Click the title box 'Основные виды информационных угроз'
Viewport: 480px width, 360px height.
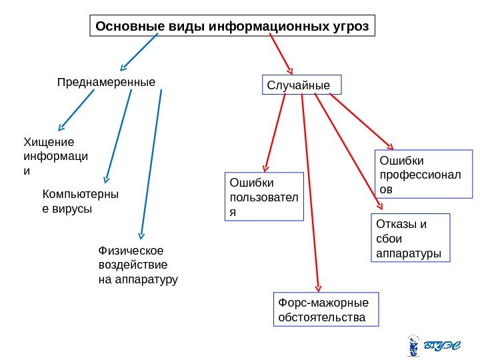click(232, 27)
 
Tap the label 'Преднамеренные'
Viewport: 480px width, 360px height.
click(106, 83)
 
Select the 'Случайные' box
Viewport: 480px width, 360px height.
click(303, 85)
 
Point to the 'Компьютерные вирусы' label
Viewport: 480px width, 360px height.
click(80, 201)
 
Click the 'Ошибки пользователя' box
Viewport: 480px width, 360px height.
click(263, 196)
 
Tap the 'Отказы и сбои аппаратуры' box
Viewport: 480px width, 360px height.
click(410, 238)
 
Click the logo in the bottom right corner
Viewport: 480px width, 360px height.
click(433, 346)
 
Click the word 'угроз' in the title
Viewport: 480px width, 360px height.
click(349, 27)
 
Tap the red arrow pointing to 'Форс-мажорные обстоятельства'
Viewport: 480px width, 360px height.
click(311, 193)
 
